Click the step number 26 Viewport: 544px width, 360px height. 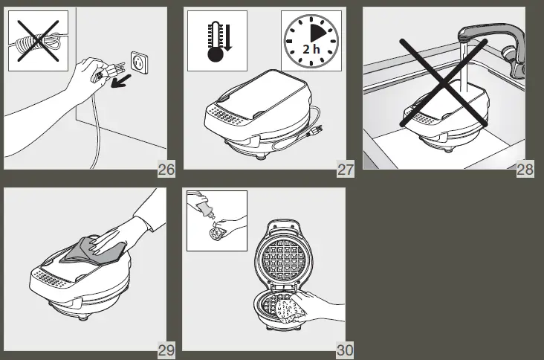click(166, 170)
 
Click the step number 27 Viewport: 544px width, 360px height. click(346, 170)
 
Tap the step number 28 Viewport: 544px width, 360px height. click(525, 170)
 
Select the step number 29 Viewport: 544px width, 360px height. click(166, 350)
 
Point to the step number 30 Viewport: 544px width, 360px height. click(346, 350)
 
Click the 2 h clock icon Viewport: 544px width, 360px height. click(311, 41)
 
